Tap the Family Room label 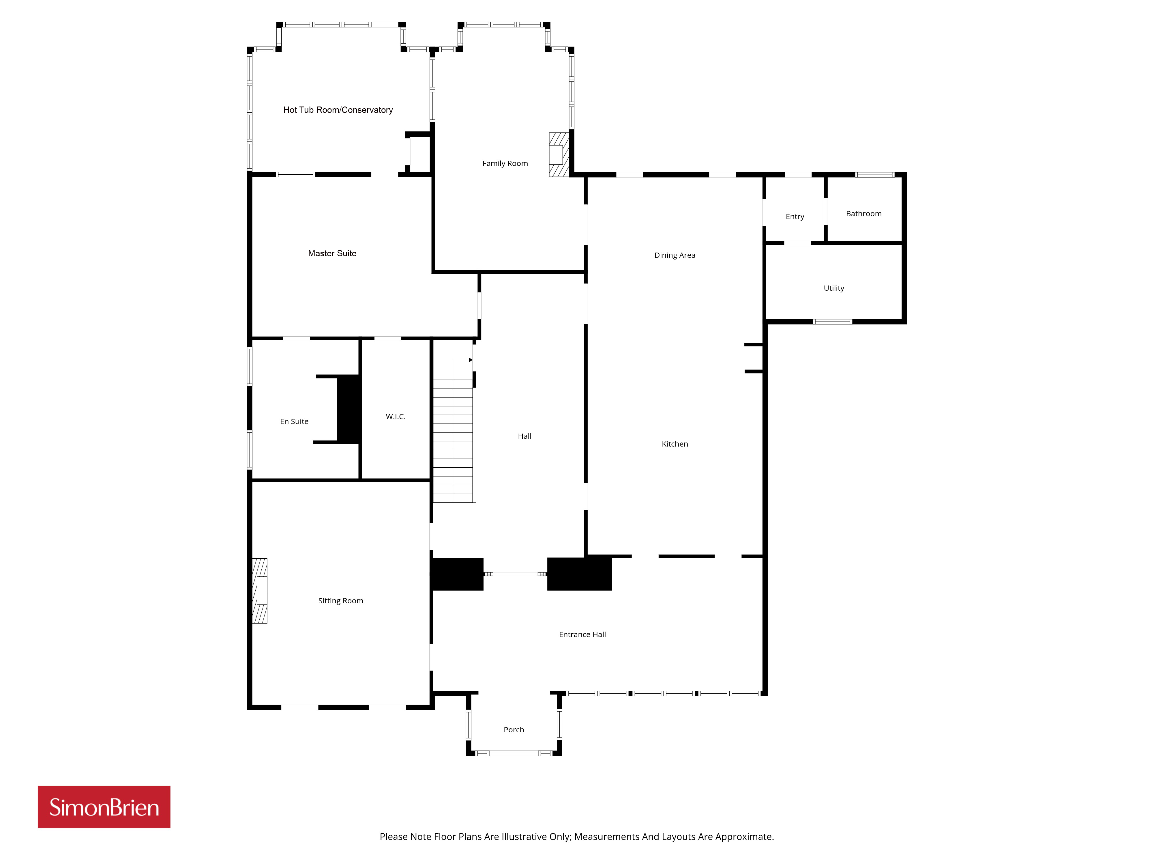[505, 163]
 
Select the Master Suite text [332, 253]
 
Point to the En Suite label [294, 421]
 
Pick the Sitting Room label [341, 601]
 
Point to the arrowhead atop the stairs [471, 360]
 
